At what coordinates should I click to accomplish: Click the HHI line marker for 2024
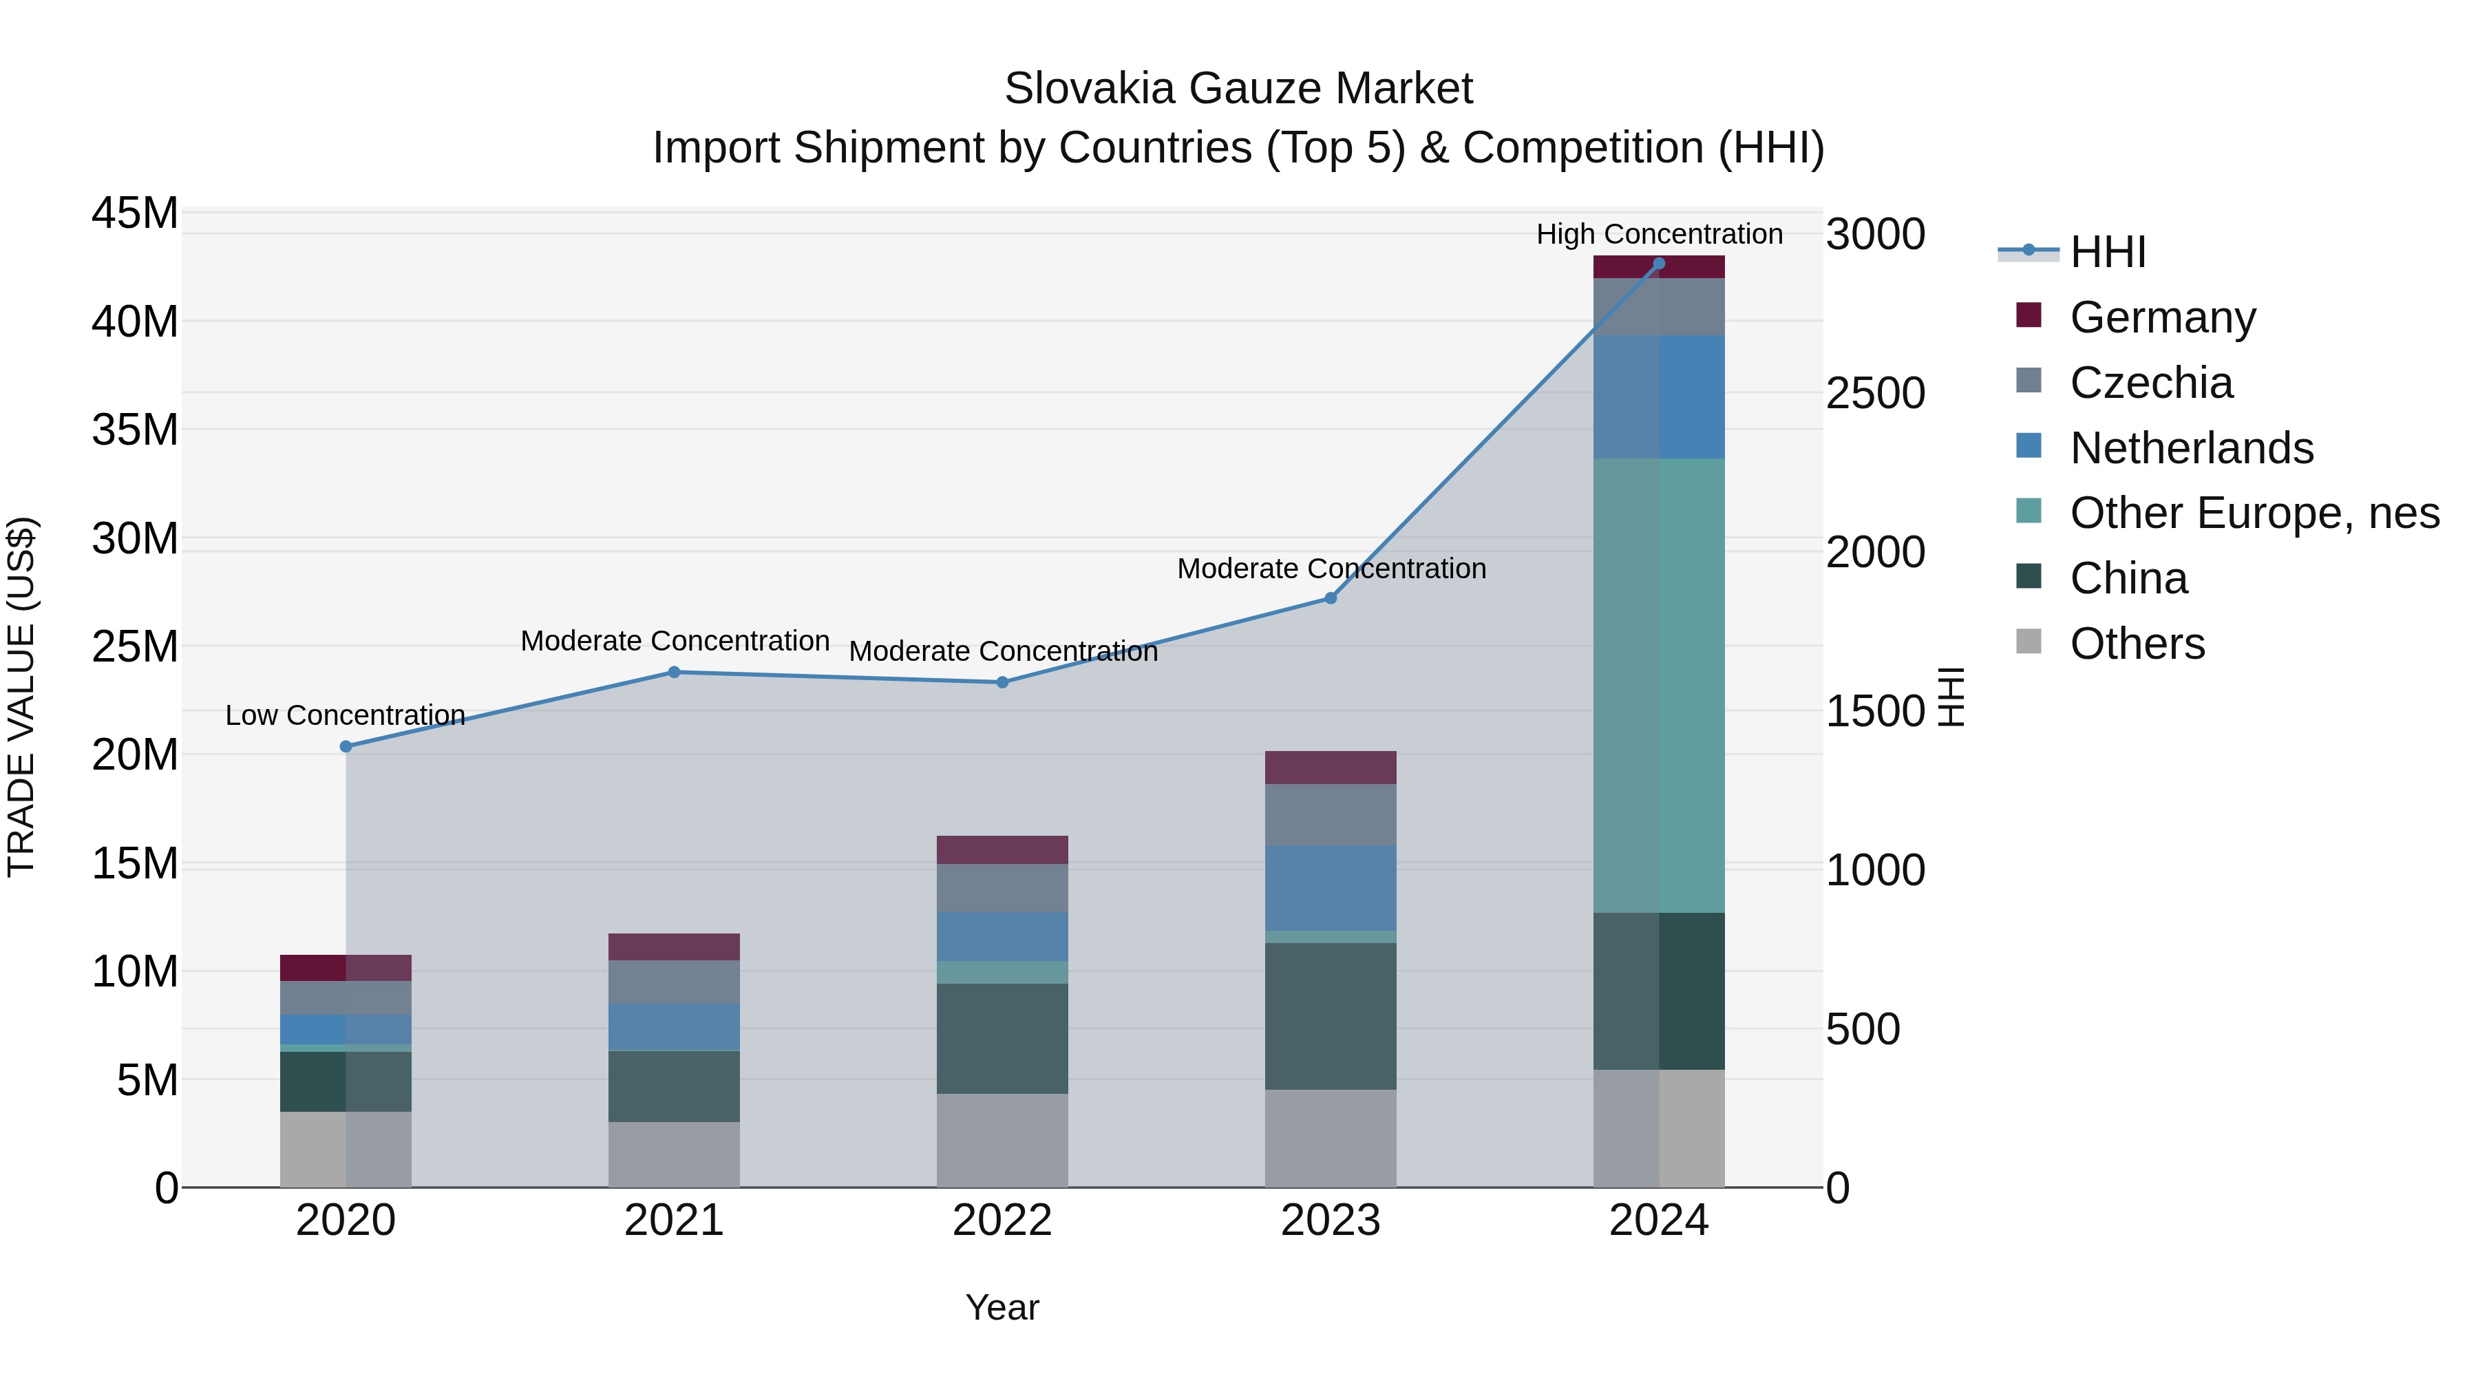1658,264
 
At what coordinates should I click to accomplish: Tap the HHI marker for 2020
346,746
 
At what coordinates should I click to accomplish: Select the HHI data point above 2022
1002,682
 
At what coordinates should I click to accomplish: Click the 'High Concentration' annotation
1658,234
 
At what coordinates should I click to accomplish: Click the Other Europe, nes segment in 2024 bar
1658,685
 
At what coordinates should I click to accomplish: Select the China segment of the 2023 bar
1331,1016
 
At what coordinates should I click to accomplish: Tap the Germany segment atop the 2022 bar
1002,849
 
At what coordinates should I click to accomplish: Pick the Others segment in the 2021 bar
673,1154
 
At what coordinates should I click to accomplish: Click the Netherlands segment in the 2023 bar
1331,888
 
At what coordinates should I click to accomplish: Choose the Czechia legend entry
2151,383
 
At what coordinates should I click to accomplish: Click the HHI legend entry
2107,252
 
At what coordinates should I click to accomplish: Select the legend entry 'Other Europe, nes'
2254,513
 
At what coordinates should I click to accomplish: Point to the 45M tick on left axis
135,213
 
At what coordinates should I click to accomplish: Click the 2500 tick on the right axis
1875,394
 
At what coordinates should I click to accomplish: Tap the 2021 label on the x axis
673,1221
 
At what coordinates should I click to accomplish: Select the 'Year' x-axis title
1002,1307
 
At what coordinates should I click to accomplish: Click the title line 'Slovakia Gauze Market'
1238,89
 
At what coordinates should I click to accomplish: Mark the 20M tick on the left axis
135,755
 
